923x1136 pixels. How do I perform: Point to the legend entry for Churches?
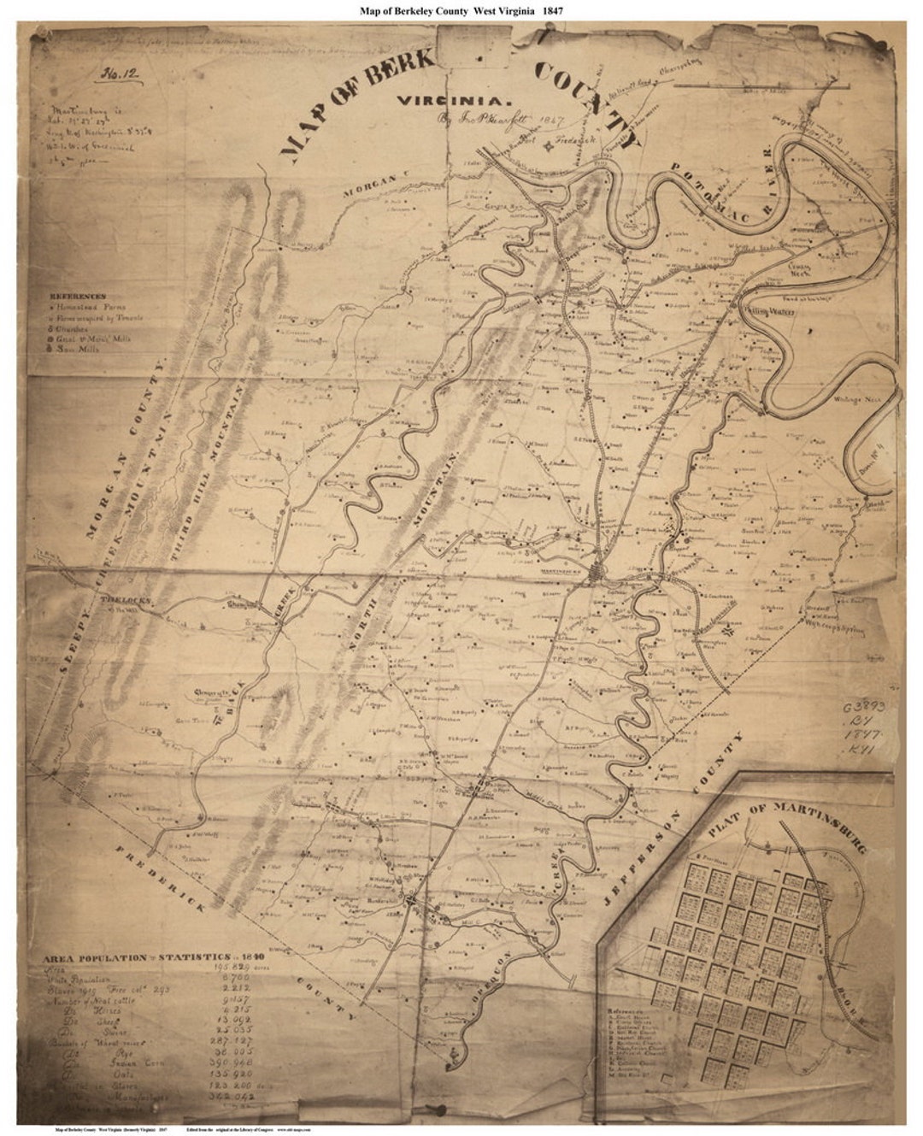(73, 327)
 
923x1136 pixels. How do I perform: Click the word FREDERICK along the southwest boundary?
(155, 885)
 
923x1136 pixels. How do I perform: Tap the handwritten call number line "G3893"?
(867, 709)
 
